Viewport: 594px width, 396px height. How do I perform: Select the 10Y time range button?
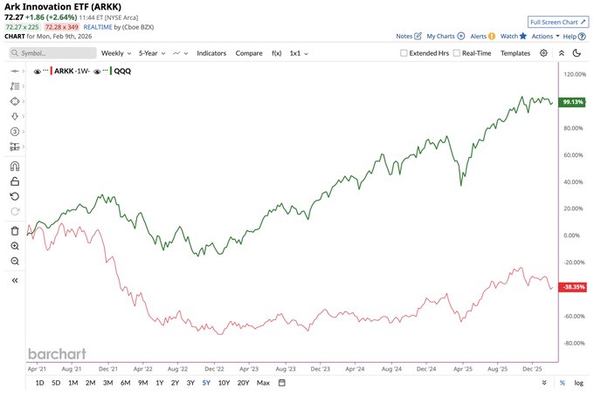[224, 383]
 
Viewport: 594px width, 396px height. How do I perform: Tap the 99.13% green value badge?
[574, 101]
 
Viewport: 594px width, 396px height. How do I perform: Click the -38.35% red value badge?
[574, 286]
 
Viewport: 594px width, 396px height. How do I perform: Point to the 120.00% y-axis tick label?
[574, 74]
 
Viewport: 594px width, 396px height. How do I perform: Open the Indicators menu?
[211, 53]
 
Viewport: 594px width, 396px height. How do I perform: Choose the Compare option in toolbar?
[248, 53]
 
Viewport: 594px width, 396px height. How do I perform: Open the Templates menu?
[515, 53]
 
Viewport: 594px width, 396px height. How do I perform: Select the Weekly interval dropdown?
[115, 53]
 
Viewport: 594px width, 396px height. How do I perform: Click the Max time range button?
[263, 383]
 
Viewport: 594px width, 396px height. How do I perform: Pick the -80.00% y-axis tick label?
[574, 343]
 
